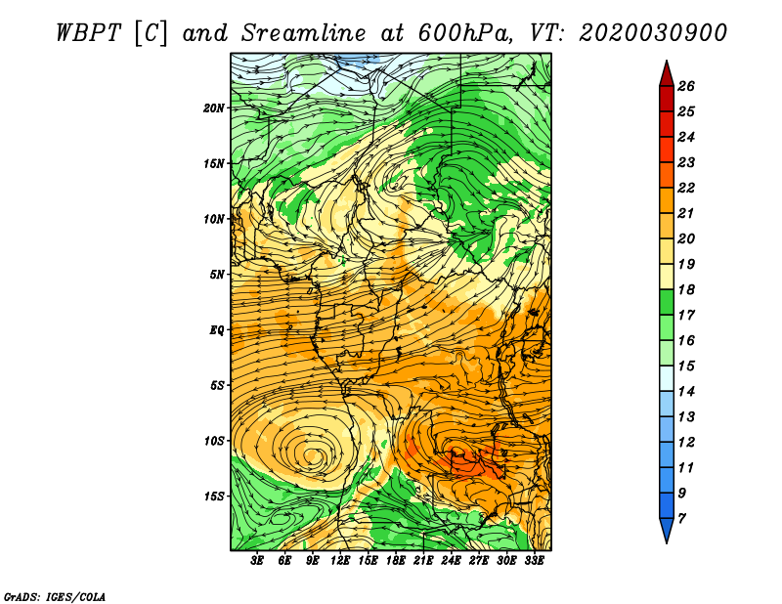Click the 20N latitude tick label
pos(213,108)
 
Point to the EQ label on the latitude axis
pos(216,330)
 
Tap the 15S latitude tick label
pos(213,496)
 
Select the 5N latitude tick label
pos(216,275)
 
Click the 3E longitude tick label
pos(257,561)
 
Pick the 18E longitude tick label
pos(396,561)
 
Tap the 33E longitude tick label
pos(534,561)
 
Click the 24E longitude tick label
pos(451,561)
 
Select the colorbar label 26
pos(686,86)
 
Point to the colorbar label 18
pos(686,289)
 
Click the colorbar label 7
pos(681,519)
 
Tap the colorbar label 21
pos(686,213)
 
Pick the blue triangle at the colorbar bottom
pos(667,529)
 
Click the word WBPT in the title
pos(89,33)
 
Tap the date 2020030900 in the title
pos(653,33)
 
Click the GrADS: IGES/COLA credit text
pos(55,597)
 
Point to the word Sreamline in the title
pos(304,33)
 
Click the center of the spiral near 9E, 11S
pos(312,453)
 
